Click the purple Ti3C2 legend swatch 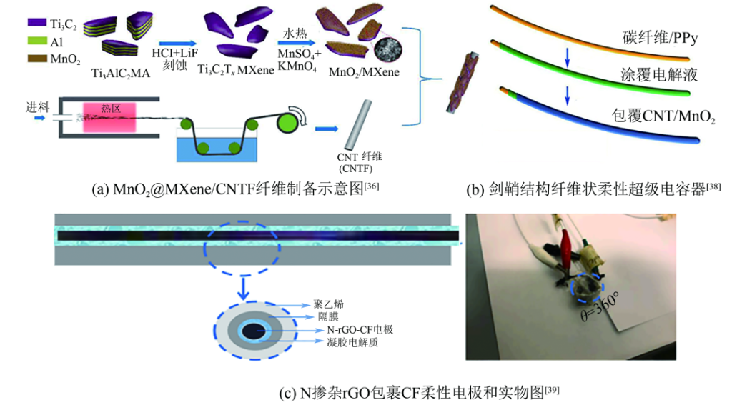click(34, 24)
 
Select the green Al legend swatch click(34, 41)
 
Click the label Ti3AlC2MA click(121, 73)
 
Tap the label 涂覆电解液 click(658, 74)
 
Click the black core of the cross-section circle click(253, 331)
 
